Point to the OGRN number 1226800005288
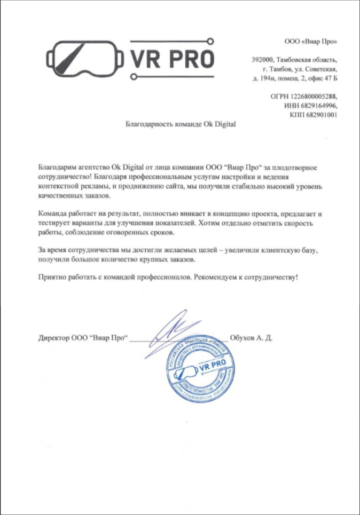(x=315, y=96)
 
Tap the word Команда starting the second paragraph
(x=53, y=213)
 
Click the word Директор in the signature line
(x=54, y=338)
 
